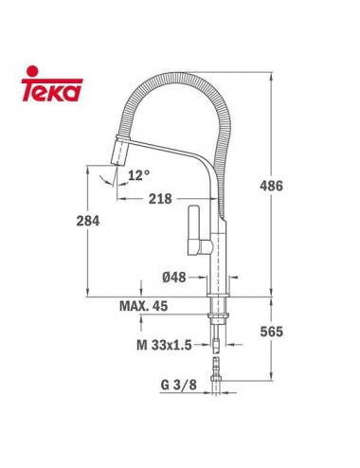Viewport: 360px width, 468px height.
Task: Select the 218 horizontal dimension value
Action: tap(161, 200)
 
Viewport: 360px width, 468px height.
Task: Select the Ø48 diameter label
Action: tap(174, 278)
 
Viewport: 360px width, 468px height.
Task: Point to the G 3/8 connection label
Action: tap(173, 387)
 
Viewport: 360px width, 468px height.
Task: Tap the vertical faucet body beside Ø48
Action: tap(219, 270)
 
